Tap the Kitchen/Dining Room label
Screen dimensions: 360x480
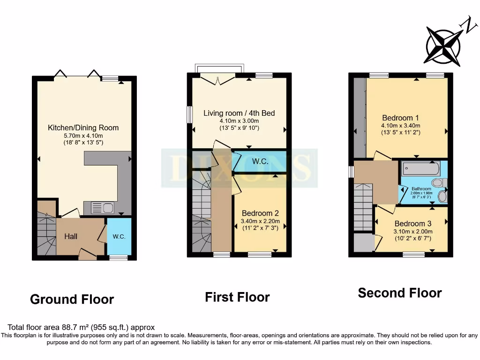point(83,127)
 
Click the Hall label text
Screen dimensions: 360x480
point(71,236)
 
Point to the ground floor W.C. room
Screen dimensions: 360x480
point(119,236)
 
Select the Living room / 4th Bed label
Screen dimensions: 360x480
point(239,113)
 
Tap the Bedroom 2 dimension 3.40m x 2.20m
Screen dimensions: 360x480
point(260,221)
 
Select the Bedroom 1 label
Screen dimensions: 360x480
point(400,118)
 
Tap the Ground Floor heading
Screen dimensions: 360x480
point(72,299)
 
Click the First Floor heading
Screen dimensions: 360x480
point(237,297)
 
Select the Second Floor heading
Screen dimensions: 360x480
point(400,293)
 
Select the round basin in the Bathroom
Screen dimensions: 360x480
point(442,196)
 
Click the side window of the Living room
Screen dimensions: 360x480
point(190,114)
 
